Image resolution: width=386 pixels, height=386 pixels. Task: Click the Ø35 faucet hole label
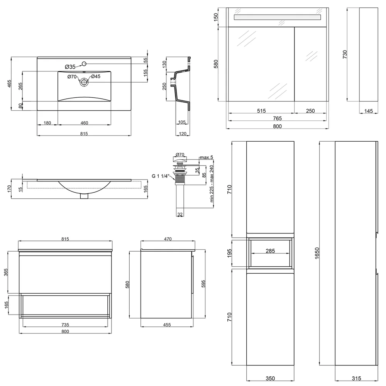(70, 67)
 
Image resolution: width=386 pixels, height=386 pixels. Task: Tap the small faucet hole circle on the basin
(84, 64)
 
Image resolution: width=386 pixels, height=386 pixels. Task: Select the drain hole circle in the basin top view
(84, 82)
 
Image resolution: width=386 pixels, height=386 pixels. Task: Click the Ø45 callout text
(96, 76)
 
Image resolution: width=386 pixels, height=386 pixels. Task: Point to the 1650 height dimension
(317, 253)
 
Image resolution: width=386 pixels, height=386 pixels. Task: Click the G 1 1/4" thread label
(161, 176)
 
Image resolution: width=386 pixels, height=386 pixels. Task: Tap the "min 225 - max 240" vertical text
(212, 184)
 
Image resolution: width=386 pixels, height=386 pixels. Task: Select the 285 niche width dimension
(270, 251)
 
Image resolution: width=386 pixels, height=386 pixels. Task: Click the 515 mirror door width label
(261, 111)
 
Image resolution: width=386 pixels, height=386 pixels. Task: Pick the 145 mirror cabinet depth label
(369, 111)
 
